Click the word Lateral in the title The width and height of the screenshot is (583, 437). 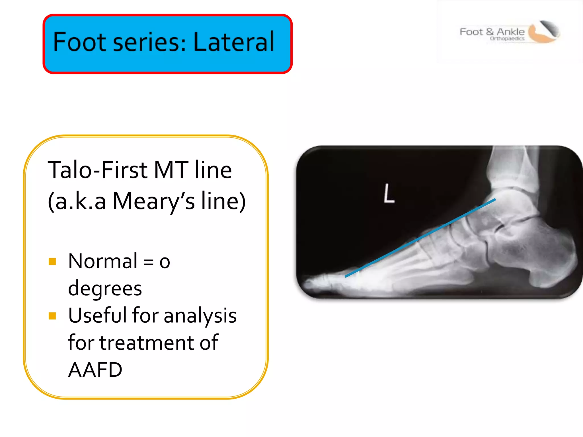234,42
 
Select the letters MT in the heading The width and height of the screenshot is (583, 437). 171,170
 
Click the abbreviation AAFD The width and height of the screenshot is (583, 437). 95,370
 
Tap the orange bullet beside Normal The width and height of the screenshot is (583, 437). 52,261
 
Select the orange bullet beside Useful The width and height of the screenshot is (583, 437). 52,316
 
